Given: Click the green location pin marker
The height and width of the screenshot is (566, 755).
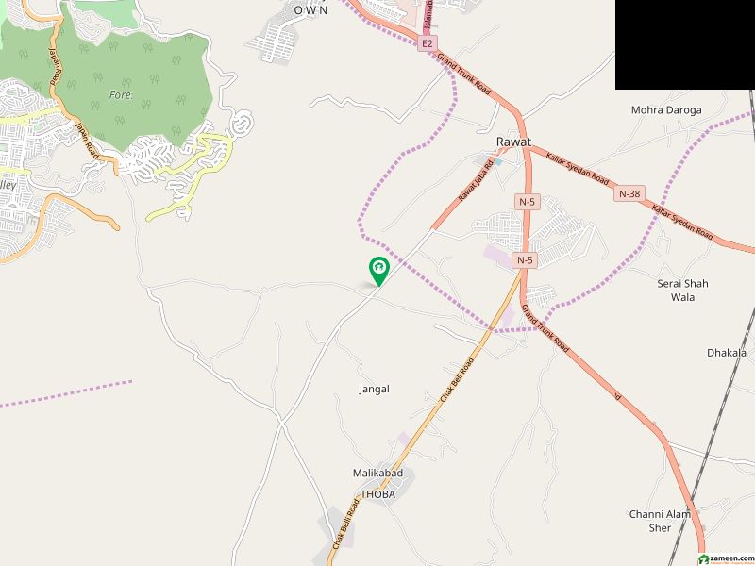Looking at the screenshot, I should [378, 271].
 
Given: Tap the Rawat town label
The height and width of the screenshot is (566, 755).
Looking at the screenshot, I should [512, 141].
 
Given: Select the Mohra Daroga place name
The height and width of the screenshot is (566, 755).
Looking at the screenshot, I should [666, 110].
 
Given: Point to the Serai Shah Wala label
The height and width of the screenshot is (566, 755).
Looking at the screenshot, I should [682, 291].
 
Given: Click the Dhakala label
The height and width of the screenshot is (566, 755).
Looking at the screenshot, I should [726, 353].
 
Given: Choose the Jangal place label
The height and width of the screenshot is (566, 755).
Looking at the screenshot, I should [374, 389].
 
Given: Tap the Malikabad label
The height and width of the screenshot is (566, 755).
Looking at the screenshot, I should [377, 473].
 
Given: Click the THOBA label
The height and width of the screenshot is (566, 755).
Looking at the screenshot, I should [377, 494].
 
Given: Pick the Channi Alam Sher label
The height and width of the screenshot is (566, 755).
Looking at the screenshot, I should [661, 521].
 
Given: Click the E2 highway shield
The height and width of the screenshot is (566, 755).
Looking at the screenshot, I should [428, 43].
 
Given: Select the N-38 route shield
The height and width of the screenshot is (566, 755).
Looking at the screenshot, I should [629, 193].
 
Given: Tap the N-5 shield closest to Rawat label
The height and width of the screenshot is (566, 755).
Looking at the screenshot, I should [526, 202].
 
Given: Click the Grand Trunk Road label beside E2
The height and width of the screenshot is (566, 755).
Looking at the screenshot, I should [465, 73].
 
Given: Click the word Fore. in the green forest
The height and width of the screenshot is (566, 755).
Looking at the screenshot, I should [120, 94].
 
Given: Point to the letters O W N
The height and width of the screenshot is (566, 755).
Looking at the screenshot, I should [310, 9].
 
